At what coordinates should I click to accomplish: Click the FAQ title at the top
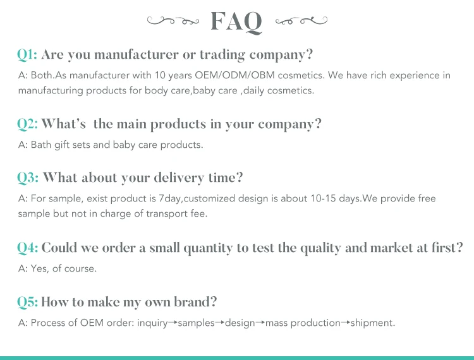[x=236, y=21]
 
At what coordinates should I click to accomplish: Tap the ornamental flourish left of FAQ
[x=173, y=21]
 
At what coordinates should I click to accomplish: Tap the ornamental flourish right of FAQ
[x=301, y=21]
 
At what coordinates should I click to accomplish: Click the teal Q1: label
[x=27, y=55]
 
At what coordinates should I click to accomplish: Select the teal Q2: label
[x=28, y=124]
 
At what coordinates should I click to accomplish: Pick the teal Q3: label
[x=28, y=178]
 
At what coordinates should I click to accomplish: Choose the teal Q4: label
[x=28, y=248]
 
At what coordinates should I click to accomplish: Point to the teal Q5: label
[x=28, y=302]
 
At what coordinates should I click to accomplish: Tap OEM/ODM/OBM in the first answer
[x=234, y=75]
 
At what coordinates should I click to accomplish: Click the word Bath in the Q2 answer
[x=41, y=145]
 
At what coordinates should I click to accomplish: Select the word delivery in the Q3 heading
[x=179, y=178]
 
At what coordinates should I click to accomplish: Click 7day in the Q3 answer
[x=170, y=199]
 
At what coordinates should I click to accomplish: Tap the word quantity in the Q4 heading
[x=208, y=248]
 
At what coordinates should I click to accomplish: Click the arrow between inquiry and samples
[x=173, y=323]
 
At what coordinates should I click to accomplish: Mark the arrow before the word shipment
[x=346, y=323]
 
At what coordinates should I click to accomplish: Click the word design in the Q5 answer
[x=240, y=323]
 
